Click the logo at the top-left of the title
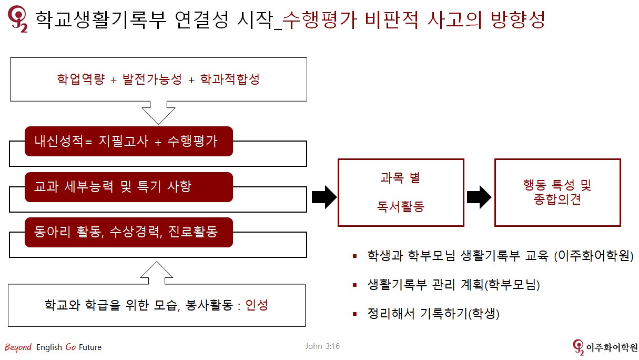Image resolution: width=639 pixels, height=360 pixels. pos(18,19)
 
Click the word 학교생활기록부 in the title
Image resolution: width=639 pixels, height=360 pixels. pos(100,19)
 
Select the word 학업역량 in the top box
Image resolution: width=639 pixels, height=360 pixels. pos(81,79)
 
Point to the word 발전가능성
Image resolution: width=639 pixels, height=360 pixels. pos(152,79)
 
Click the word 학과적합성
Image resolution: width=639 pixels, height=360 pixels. pos(230,79)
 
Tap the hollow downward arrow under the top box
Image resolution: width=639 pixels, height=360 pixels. pos(159,113)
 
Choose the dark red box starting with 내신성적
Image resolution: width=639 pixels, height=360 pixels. pos(129,142)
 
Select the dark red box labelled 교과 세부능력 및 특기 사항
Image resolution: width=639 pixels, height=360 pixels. pos(129,187)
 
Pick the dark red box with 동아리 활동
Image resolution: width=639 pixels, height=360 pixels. pos(129,232)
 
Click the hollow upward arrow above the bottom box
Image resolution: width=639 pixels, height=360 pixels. pos(157,273)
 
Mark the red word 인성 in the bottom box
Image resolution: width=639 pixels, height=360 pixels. pos(257,305)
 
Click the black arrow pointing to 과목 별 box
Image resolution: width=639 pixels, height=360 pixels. pos(324,197)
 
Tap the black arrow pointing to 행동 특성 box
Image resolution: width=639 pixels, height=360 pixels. pos(479,197)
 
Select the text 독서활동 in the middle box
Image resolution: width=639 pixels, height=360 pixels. pos(401,206)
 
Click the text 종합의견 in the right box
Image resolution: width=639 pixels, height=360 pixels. pos(557,199)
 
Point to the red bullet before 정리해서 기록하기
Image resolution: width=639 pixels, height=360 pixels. pos(355,314)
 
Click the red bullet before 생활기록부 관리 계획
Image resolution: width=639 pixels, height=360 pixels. pos(355,285)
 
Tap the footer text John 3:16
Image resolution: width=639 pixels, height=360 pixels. pos(322,346)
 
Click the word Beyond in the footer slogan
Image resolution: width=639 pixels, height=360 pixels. pos(18,347)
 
